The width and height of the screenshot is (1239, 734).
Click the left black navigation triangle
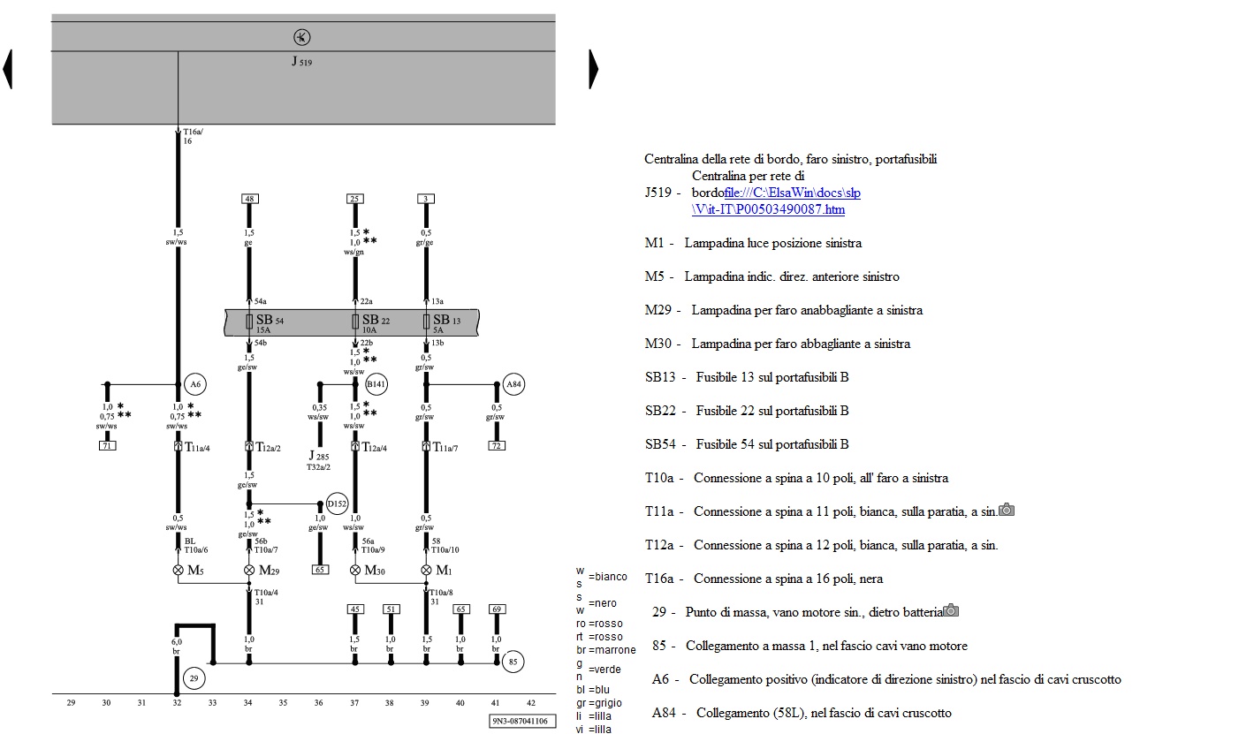point(8,69)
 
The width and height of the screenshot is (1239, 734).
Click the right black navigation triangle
point(594,69)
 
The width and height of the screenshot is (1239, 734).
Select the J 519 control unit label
point(301,63)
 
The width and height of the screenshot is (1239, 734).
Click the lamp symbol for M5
point(178,570)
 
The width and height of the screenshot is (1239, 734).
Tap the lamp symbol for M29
point(249,570)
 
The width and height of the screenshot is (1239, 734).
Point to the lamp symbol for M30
point(355,570)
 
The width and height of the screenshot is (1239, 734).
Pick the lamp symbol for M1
point(427,570)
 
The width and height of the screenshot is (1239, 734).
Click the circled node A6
point(194,384)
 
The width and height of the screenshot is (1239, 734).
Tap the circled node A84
point(513,384)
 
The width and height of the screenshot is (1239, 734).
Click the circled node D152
point(337,503)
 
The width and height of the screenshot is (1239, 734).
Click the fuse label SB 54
point(264,320)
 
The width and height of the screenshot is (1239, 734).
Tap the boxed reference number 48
point(249,198)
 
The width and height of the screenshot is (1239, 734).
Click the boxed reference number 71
point(107,445)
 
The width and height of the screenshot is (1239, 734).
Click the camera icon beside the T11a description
point(1007,510)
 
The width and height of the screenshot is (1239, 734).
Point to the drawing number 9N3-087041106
point(523,721)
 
